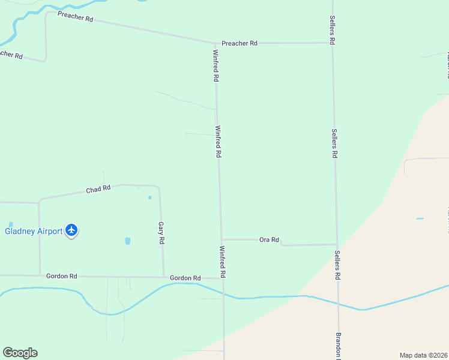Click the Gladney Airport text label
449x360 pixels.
[34, 231]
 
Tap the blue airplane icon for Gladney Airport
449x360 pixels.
[72, 230]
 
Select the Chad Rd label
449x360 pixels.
[98, 189]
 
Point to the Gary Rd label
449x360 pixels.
[161, 233]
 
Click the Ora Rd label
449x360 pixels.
[269, 240]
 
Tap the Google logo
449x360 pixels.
[20, 353]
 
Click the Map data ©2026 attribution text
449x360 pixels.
[423, 355]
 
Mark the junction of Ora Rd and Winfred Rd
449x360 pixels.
[221, 239]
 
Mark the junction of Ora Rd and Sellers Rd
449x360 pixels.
[336, 244]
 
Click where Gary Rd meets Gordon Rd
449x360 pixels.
[164, 277]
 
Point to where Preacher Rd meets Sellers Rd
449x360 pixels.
[333, 43]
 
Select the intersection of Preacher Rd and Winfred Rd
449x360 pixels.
[215, 43]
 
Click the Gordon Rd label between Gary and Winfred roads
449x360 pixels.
[185, 278]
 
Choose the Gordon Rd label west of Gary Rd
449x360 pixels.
[62, 276]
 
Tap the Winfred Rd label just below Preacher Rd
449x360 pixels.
[215, 65]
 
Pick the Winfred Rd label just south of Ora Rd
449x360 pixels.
[222, 262]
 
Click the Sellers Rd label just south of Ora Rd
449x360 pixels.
[337, 265]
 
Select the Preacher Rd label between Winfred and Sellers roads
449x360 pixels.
[239, 43]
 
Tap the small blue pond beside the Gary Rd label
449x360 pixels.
[127, 241]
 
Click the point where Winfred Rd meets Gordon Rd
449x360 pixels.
[223, 278]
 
